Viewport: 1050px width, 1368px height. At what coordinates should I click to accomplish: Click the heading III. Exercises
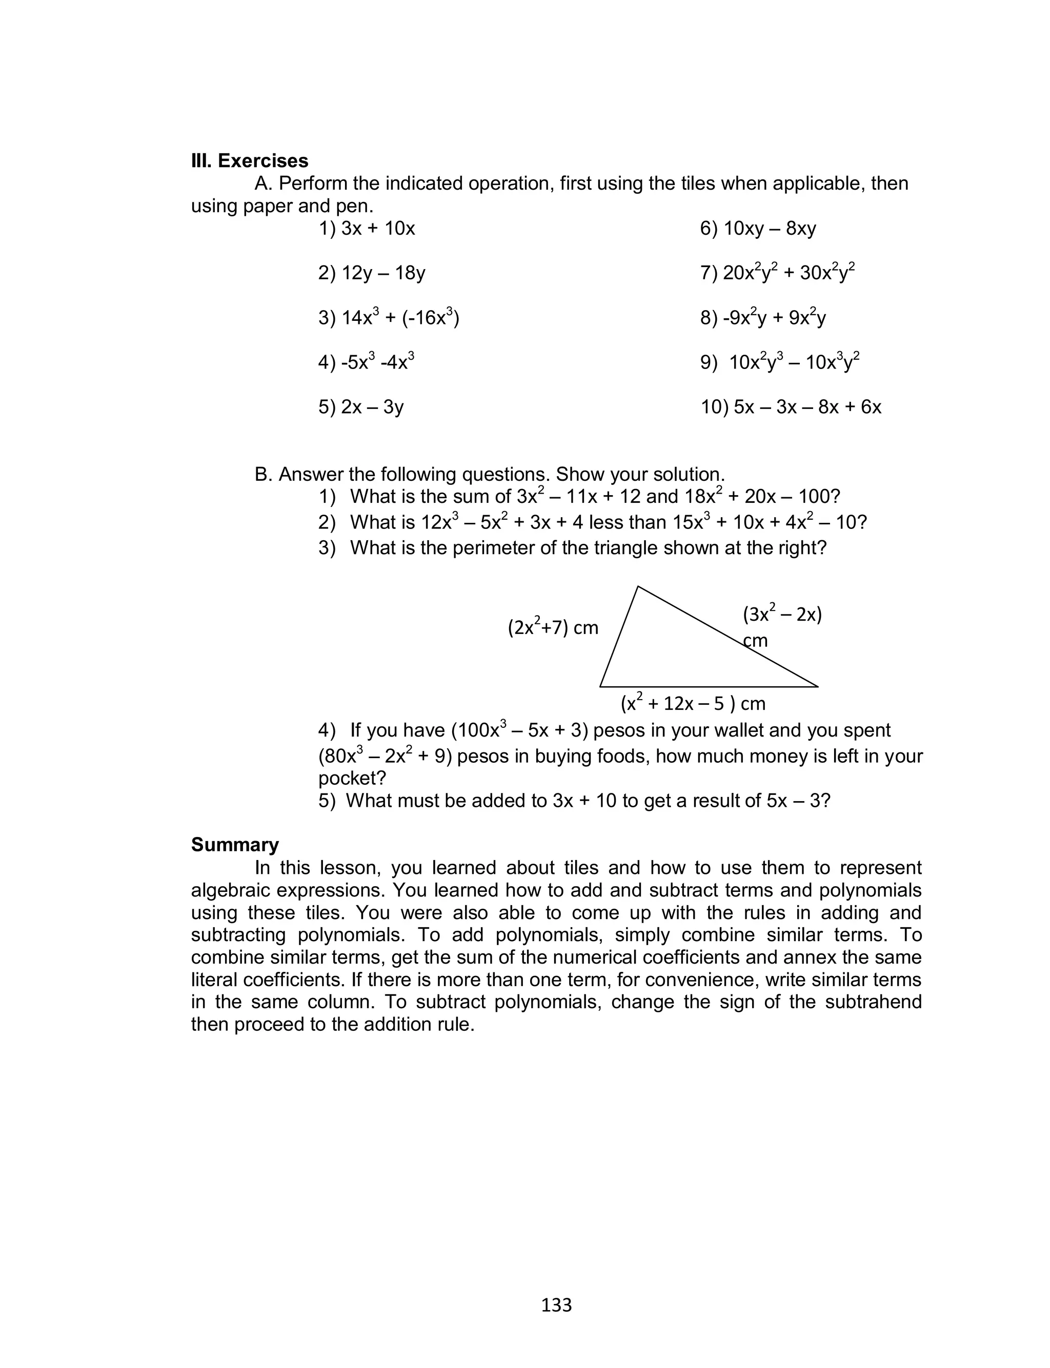click(249, 161)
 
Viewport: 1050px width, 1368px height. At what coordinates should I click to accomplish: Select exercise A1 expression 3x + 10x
click(377, 229)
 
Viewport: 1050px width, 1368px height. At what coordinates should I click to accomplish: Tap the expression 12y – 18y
click(383, 273)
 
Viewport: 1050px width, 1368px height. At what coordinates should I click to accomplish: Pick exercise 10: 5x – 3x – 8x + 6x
click(807, 407)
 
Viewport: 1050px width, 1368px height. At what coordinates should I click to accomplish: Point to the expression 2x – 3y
click(372, 407)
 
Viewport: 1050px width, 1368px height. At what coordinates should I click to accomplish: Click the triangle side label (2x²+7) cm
click(553, 627)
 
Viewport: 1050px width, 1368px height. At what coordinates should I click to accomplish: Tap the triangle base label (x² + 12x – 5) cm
click(693, 703)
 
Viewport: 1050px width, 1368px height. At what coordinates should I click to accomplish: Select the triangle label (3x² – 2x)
click(782, 615)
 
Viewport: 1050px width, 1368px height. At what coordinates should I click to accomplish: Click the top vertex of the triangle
click(637, 586)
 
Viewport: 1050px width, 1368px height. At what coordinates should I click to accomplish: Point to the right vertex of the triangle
click(817, 686)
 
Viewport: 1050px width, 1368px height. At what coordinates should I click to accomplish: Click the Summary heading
click(234, 845)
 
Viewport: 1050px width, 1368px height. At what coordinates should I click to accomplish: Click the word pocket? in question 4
click(352, 779)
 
